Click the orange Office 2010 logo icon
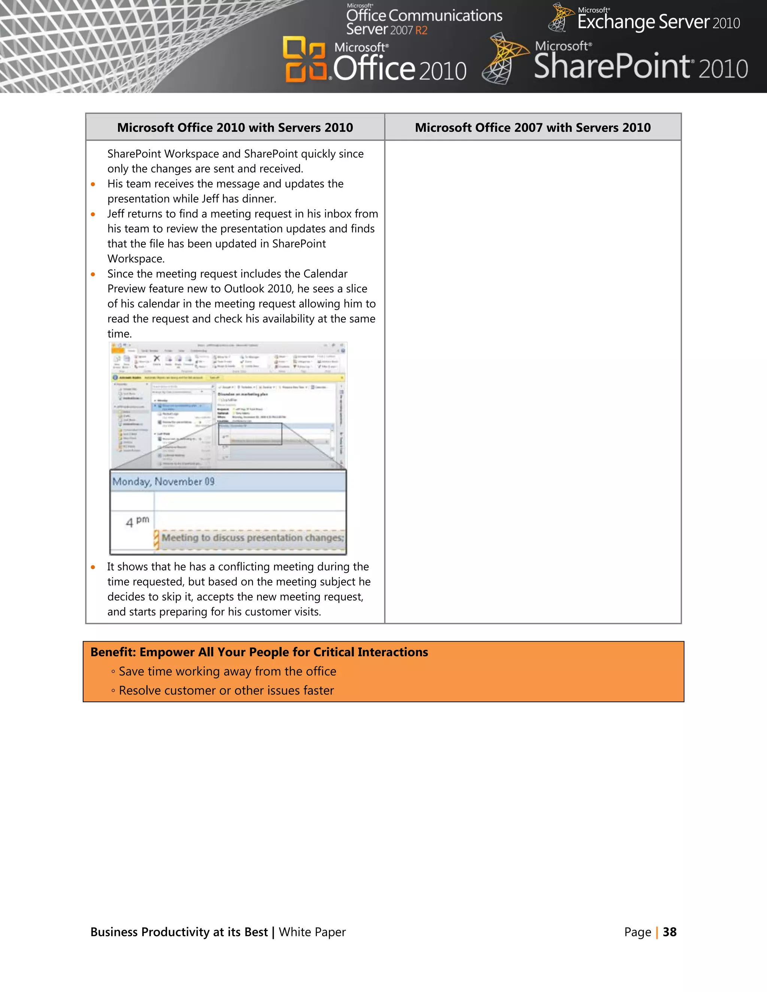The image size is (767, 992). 304,60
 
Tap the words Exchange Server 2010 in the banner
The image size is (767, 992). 658,22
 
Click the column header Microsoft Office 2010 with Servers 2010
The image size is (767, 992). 235,128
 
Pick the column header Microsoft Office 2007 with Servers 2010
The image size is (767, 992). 533,128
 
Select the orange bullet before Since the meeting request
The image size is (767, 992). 93,274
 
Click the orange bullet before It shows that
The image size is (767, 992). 93,567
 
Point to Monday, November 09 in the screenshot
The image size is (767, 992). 164,481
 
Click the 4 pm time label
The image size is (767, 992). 137,521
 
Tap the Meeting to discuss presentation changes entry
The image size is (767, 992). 252,538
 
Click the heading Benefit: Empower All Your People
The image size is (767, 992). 259,652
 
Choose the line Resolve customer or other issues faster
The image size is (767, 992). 226,690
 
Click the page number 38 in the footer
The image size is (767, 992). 669,932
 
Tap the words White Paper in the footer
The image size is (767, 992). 312,932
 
